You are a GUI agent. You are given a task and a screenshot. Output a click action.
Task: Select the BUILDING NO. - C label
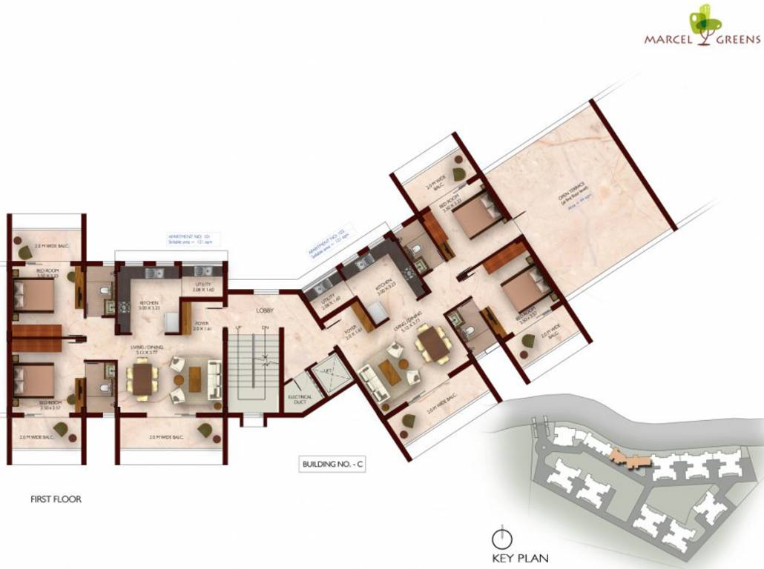pyautogui.click(x=333, y=465)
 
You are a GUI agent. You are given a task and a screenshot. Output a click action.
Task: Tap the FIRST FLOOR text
pyautogui.click(x=56, y=499)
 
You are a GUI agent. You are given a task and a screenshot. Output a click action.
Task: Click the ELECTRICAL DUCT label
pyautogui.click(x=300, y=401)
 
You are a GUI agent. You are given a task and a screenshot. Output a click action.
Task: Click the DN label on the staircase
pyautogui.click(x=264, y=327)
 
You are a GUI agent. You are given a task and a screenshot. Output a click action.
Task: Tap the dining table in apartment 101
pyautogui.click(x=142, y=378)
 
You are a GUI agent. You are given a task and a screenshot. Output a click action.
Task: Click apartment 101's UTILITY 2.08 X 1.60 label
pyautogui.click(x=202, y=287)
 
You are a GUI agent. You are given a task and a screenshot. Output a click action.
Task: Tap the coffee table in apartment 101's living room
pyautogui.click(x=195, y=379)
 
